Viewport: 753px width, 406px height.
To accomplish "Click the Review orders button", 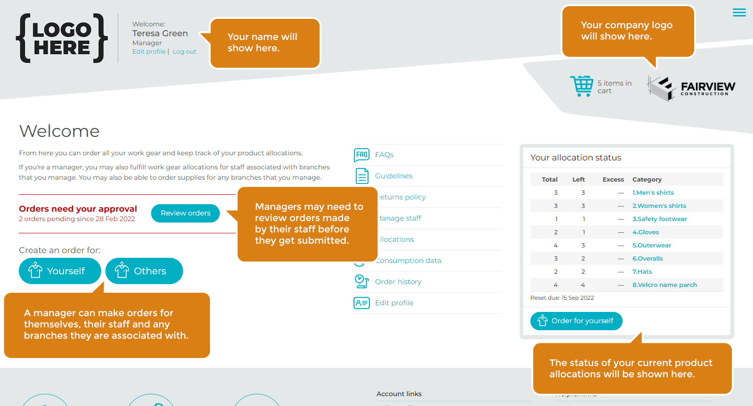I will point(185,213).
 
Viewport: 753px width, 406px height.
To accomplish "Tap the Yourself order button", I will point(60,271).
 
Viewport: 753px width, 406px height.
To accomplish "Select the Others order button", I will point(144,271).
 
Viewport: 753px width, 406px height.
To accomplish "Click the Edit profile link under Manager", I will point(149,52).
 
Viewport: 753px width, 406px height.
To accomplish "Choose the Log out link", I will point(184,52).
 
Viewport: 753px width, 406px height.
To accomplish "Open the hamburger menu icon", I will point(739,13).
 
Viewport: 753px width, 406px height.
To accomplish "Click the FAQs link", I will point(384,155).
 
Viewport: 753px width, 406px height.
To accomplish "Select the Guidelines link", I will point(393,176).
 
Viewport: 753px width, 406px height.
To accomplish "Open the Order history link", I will point(398,282).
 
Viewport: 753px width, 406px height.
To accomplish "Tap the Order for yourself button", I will point(576,321).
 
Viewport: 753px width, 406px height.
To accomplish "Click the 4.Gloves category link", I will point(646,232).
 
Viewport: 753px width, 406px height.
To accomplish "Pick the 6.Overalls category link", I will point(648,259).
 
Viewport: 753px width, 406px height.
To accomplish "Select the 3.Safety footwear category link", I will point(659,219).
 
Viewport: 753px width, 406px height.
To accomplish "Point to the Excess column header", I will point(613,180).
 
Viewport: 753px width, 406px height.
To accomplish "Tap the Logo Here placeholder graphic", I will point(62,39).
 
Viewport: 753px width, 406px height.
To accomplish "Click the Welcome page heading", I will point(59,131).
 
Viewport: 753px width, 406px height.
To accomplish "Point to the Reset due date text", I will point(562,298).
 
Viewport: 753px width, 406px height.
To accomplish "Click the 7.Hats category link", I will point(642,272).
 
